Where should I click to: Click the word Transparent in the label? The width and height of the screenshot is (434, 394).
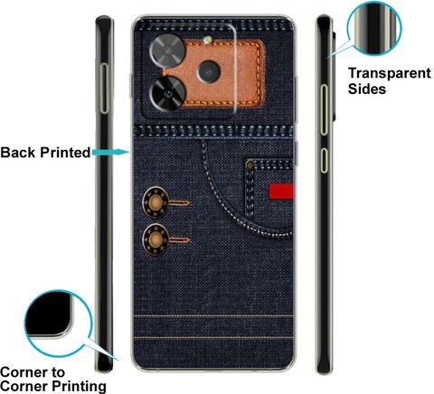click(x=390, y=73)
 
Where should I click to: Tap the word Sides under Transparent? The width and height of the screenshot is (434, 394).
click(x=367, y=89)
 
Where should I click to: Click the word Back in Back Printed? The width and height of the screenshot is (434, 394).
click(x=18, y=153)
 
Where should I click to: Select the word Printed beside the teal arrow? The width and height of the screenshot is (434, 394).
click(x=65, y=153)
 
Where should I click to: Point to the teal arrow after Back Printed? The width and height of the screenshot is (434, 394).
click(x=111, y=152)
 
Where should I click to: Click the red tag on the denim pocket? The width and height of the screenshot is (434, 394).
click(x=281, y=192)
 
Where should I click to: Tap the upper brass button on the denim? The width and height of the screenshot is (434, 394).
click(x=156, y=202)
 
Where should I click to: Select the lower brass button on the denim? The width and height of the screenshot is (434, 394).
click(x=156, y=239)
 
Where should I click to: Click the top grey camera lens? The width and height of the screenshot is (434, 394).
click(x=167, y=50)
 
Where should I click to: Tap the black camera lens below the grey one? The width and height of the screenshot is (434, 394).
click(x=167, y=93)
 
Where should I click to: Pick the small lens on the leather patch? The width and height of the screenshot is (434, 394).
click(x=208, y=71)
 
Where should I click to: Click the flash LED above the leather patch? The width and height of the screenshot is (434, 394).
click(x=207, y=40)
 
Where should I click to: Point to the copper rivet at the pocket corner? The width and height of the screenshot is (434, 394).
click(x=250, y=165)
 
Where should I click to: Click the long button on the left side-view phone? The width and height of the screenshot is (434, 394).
click(x=104, y=89)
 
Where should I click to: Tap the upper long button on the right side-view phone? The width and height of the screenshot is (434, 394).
click(x=324, y=109)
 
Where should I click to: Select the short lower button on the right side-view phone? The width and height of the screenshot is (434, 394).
click(x=324, y=160)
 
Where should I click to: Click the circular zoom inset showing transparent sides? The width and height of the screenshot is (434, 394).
click(x=374, y=28)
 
